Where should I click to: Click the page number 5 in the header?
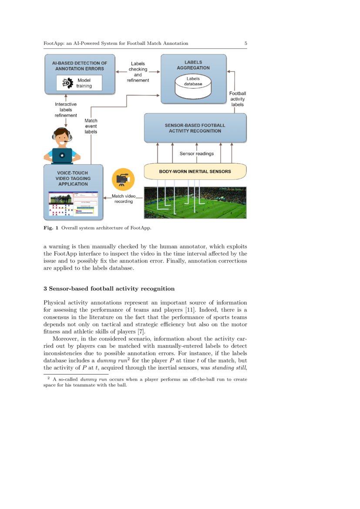(x=246, y=44)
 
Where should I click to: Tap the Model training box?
(x=79, y=83)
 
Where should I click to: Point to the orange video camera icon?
(x=123, y=179)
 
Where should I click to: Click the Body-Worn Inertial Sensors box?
(x=195, y=171)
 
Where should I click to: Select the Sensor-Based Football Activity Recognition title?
(x=195, y=128)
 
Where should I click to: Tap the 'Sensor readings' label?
(x=196, y=154)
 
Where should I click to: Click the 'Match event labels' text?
(x=91, y=126)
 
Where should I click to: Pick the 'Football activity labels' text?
(x=237, y=99)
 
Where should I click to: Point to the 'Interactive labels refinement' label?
(x=66, y=110)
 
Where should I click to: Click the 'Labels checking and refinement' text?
(x=138, y=72)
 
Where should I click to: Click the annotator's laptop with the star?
(x=62, y=155)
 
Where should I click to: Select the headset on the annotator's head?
(x=55, y=136)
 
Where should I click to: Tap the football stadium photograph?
(x=195, y=202)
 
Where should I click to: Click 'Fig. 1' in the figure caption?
(x=51, y=228)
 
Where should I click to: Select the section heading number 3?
(x=45, y=288)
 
